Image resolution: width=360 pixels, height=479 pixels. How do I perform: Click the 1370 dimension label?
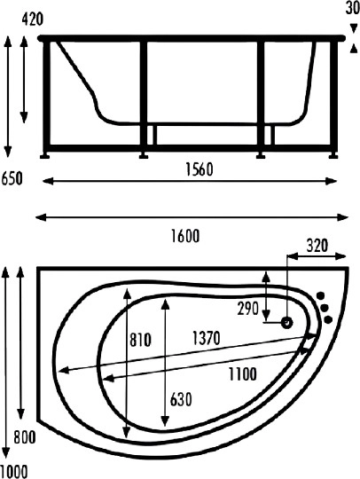click(x=204, y=338)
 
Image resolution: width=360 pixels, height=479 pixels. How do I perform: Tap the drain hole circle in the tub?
click(x=287, y=322)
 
